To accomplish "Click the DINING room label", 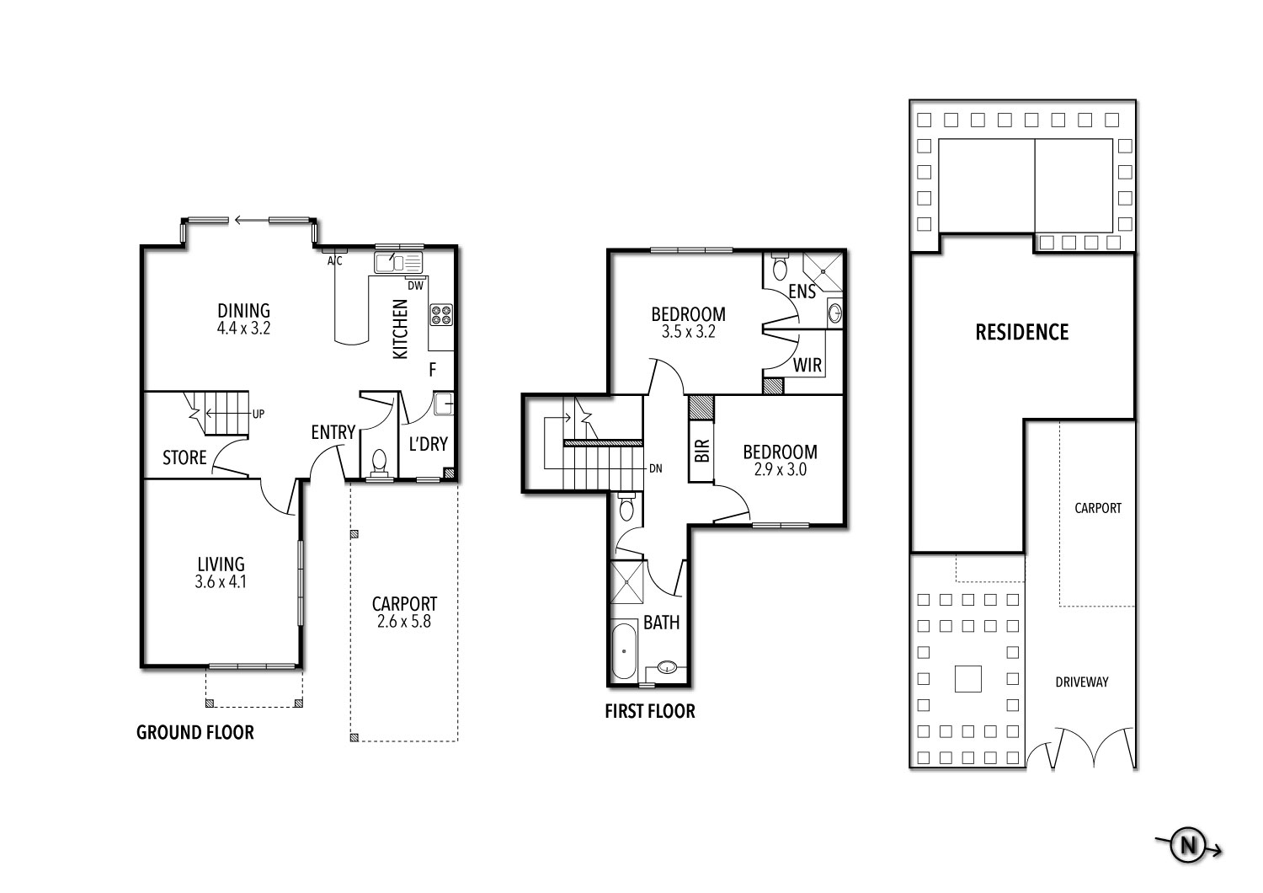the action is (243, 311).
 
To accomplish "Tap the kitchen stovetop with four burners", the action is (441, 315).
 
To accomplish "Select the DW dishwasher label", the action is (416, 286).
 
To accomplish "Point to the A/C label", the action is (335, 260).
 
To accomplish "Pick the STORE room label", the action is (184, 457).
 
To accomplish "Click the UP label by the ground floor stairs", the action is (258, 414).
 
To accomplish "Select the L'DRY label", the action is (429, 444).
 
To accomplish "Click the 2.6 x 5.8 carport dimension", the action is (404, 622).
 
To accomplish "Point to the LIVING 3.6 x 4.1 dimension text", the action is (221, 581).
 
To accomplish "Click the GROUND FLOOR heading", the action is (195, 732).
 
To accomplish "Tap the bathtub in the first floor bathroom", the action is (624, 650).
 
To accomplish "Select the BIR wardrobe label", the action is (702, 451).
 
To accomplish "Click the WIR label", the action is (807, 366).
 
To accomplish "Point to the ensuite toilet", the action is (780, 267).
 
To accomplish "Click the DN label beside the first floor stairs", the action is (656, 468).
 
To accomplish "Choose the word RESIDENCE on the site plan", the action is (1022, 332).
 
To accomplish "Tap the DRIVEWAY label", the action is (1082, 682).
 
